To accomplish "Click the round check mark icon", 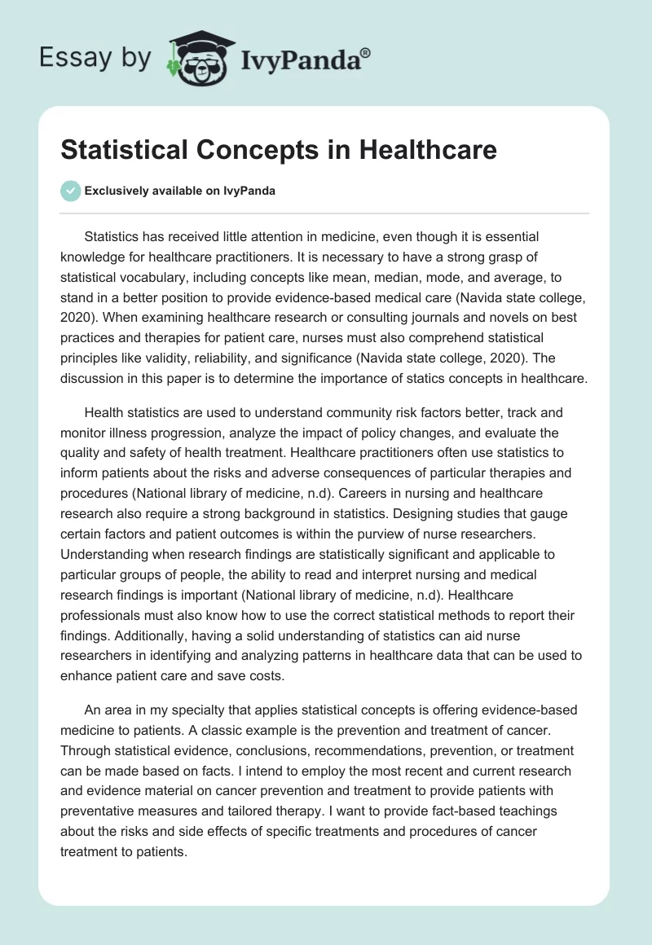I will pyautogui.click(x=71, y=191).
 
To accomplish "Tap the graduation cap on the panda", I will pyautogui.click(x=197, y=40).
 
